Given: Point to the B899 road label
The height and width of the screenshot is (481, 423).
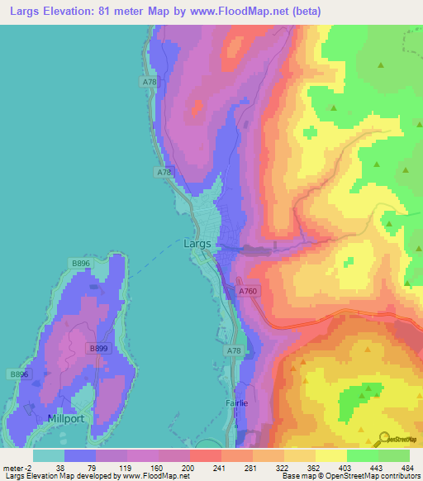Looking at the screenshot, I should coord(98,349).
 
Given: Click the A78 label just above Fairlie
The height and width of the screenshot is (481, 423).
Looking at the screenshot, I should coord(234,351).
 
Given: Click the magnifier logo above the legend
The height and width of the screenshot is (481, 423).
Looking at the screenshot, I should coord(386,438).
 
